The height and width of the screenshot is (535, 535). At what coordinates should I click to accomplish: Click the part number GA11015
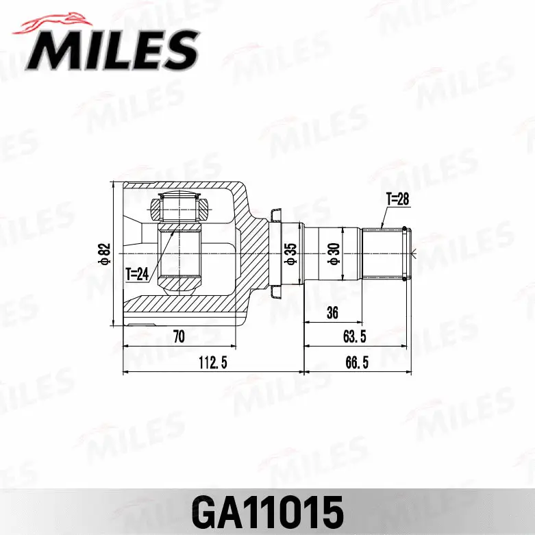[267, 511]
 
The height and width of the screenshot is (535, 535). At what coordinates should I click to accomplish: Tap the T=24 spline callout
[137, 274]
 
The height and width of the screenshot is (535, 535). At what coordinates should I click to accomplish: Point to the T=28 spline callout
[397, 199]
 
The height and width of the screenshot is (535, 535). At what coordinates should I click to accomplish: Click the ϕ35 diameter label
[290, 253]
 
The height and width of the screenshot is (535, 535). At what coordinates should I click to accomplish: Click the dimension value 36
[333, 313]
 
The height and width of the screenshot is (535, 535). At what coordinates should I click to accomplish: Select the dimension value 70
[180, 336]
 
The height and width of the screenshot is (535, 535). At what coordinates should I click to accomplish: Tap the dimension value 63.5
[355, 336]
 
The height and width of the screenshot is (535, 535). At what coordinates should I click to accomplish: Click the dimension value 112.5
[212, 363]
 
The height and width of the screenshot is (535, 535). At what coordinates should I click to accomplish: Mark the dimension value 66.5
[357, 363]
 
